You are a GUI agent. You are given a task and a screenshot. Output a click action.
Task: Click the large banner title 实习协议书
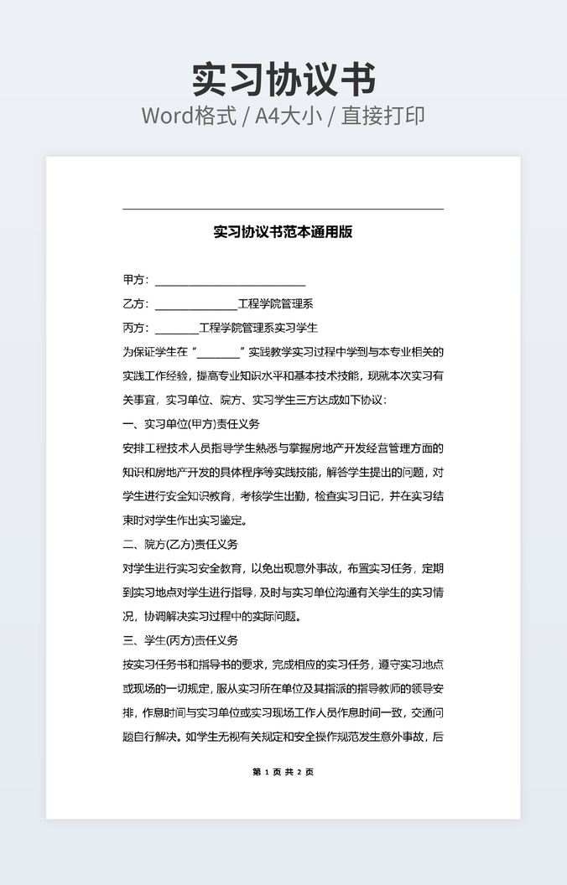[x=283, y=80]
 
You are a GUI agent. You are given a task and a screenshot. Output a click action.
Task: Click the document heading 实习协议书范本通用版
[x=283, y=232]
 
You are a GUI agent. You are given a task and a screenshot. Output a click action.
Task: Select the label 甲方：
[x=136, y=280]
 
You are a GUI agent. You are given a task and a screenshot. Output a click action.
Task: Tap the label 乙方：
[x=136, y=304]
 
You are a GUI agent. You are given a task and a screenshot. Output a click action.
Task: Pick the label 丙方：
[x=136, y=328]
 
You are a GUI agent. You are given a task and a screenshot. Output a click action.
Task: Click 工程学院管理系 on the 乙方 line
[x=276, y=304]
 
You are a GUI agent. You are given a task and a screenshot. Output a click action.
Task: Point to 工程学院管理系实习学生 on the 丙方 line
[x=258, y=328]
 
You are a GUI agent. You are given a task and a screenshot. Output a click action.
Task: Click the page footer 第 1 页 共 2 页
[x=283, y=772]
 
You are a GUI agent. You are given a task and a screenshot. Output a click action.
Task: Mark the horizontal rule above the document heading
[x=283, y=209]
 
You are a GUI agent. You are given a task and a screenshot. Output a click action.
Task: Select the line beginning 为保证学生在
[x=283, y=352]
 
